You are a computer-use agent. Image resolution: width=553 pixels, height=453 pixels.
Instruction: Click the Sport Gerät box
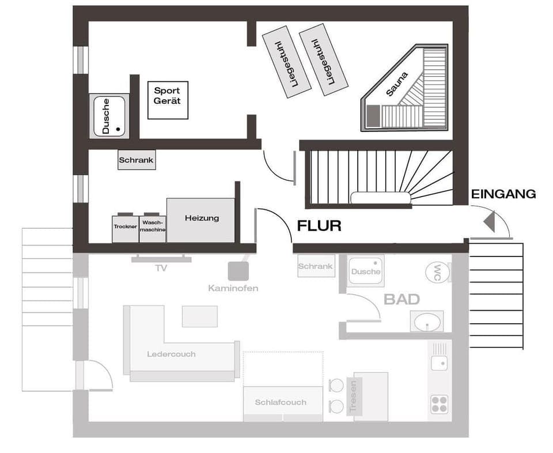coord(168,100)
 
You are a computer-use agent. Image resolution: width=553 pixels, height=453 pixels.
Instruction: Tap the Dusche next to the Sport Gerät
coord(109,116)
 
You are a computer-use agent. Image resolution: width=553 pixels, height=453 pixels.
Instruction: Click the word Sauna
coord(397,84)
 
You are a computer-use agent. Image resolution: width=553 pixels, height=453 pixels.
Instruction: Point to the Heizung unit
coord(201,220)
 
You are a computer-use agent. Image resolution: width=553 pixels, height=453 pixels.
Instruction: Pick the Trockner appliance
coord(125,228)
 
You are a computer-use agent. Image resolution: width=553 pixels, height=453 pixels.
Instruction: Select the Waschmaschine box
coord(153,228)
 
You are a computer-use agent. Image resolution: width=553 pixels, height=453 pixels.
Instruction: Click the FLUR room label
coord(319,226)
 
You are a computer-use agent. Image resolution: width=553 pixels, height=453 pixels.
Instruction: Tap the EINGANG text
coord(503,194)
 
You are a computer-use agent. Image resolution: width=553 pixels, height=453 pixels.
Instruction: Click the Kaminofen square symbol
coord(238,271)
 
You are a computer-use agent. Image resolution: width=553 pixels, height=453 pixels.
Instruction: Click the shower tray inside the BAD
coord(366,271)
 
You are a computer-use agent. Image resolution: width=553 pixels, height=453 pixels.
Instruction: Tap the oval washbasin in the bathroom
coord(427,322)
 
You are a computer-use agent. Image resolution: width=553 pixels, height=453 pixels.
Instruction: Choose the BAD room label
coord(402,299)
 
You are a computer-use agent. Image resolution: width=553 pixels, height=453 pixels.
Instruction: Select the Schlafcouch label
coord(281,402)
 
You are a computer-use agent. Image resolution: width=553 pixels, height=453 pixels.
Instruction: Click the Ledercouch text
coord(171,354)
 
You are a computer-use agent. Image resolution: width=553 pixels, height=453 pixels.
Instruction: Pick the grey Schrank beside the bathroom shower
coord(316,266)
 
